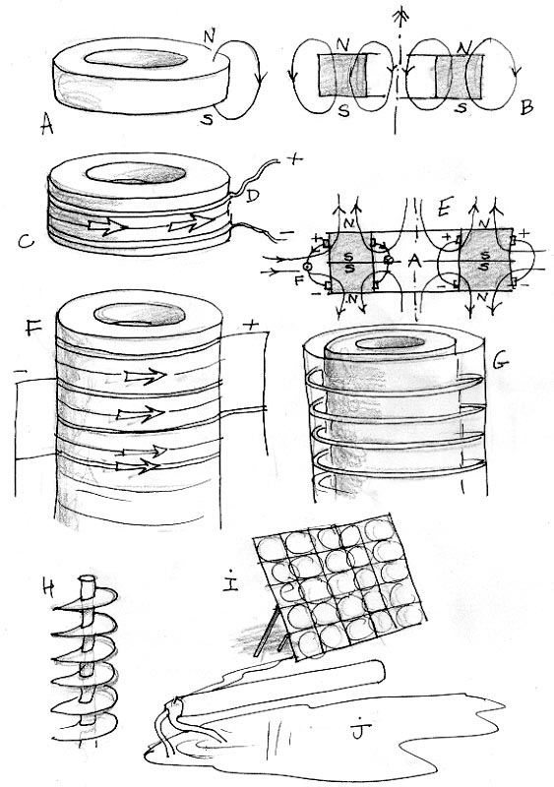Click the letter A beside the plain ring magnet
pyautogui.click(x=46, y=126)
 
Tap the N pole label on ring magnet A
pyautogui.click(x=209, y=36)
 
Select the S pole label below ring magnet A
pyautogui.click(x=207, y=118)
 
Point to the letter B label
pyautogui.click(x=525, y=107)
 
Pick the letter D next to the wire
pyautogui.click(x=251, y=196)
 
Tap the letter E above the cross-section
pyautogui.click(x=443, y=210)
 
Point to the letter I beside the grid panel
pyautogui.click(x=231, y=581)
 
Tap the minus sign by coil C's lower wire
pyautogui.click(x=285, y=233)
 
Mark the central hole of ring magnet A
pyautogui.click(x=136, y=58)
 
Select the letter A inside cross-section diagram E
pyautogui.click(x=415, y=261)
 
